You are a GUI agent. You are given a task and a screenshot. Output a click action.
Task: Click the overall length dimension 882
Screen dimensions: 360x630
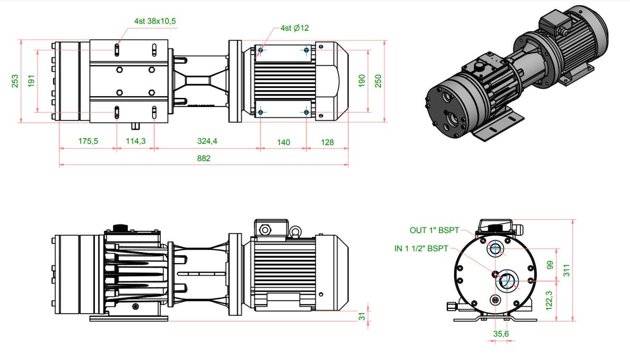[204, 158]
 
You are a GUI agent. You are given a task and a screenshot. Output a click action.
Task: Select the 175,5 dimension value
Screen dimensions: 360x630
[88, 141]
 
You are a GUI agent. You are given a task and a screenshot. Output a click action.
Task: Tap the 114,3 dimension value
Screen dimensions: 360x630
[136, 141]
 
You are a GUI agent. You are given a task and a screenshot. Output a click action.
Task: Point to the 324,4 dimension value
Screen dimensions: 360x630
[207, 141]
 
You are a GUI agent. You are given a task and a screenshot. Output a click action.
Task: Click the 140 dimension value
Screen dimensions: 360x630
[283, 142]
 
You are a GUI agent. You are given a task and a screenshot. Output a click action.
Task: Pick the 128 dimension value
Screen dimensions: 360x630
[327, 142]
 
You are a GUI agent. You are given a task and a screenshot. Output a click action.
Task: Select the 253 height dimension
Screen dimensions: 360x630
[15, 81]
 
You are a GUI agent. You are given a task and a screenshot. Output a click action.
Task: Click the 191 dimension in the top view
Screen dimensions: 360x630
[31, 81]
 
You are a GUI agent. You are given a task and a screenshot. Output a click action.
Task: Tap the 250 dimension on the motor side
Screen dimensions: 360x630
[378, 81]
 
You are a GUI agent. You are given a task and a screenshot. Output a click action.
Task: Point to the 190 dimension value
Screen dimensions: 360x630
[362, 81]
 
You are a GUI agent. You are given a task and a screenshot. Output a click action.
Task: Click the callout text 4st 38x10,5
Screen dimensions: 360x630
[155, 21]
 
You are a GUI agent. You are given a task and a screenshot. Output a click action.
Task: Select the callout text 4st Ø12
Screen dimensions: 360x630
[294, 28]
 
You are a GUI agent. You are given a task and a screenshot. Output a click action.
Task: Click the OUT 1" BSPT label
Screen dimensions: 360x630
[434, 230]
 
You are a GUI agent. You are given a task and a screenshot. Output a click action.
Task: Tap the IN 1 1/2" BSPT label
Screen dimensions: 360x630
[421, 249]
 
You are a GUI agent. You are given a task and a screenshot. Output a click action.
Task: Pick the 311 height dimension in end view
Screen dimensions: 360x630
[567, 270]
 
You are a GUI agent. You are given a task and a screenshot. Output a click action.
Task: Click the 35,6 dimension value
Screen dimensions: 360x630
[501, 334]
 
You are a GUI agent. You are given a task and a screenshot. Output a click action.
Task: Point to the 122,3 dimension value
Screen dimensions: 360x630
[549, 301]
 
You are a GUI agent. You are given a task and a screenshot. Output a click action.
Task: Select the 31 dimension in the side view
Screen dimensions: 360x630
[362, 316]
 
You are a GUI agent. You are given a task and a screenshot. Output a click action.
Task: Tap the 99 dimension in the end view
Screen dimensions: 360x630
[550, 265]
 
